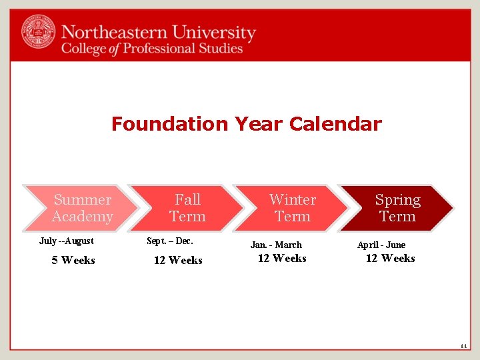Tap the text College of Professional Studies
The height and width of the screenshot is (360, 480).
coord(152,49)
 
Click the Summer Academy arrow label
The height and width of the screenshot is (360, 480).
coord(82,208)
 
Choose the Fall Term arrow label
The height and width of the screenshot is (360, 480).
coord(187,208)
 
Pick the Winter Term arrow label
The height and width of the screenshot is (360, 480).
coord(292,208)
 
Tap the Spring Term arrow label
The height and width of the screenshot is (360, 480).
coord(397,208)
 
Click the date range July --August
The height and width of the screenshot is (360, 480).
coord(67,241)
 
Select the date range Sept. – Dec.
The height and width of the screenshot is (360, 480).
coord(170,241)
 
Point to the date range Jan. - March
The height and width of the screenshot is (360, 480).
coord(276,245)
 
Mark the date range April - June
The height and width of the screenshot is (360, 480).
coord(381,245)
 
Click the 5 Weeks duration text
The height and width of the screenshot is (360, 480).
coord(73,260)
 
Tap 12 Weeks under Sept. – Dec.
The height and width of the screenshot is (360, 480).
coord(178,260)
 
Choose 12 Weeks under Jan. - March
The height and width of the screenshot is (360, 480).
coord(282,258)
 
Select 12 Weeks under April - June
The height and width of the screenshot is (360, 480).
coord(390,258)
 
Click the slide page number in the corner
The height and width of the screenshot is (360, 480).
coord(463,346)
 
